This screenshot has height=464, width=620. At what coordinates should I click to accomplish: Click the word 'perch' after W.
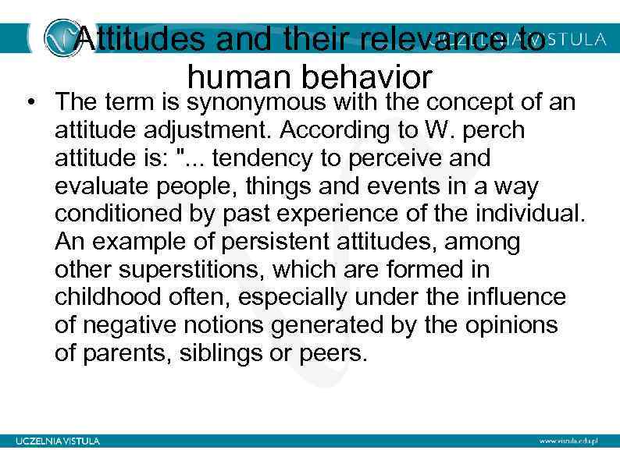(494, 129)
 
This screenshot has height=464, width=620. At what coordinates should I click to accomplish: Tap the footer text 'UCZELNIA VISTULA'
(59, 441)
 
